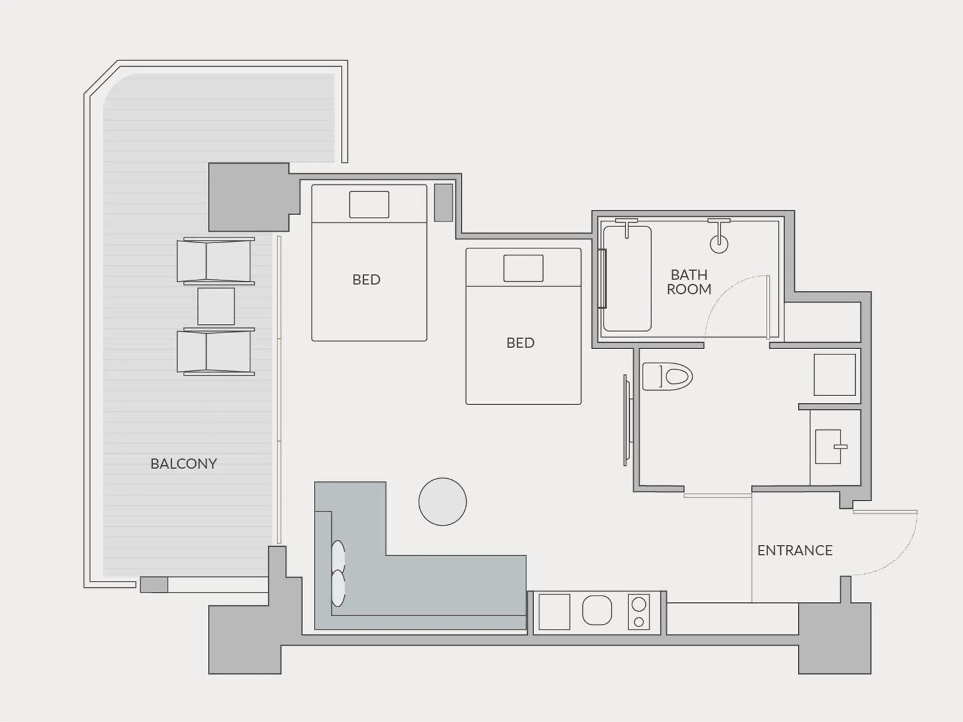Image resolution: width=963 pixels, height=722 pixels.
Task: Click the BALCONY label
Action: click(183, 464)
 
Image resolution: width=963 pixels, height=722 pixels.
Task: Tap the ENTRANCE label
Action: click(794, 551)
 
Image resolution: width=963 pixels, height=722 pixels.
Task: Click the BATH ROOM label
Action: click(689, 282)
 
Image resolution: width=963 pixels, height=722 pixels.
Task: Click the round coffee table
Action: click(442, 501)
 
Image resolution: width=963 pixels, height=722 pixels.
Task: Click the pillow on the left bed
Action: click(369, 205)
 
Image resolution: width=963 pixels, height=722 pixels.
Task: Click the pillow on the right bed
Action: click(523, 268)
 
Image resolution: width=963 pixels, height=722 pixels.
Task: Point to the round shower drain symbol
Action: click(719, 244)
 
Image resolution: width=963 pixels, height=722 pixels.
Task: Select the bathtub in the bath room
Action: click(627, 278)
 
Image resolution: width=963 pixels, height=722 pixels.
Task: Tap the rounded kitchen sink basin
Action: click(597, 610)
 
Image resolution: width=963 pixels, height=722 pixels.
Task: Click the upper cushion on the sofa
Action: click(338, 557)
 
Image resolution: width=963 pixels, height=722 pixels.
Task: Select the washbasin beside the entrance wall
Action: click(828, 447)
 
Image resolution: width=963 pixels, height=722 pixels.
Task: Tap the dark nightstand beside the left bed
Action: click(443, 202)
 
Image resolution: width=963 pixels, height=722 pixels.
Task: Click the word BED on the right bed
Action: click(520, 343)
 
